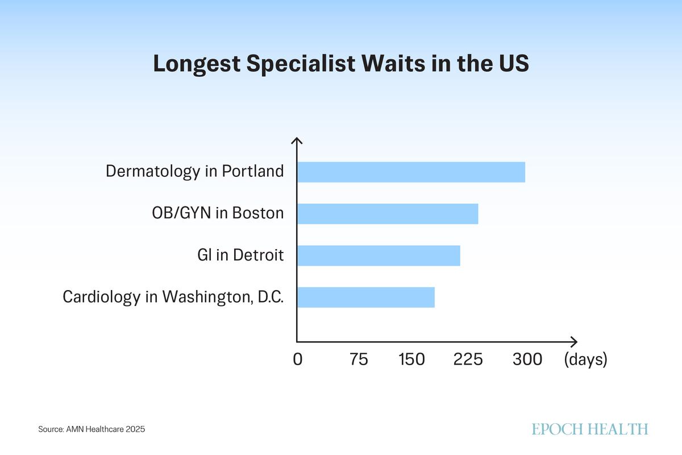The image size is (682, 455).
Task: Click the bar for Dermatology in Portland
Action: [411, 172]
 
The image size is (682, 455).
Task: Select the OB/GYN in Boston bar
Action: [388, 214]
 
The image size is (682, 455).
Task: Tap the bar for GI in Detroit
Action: [379, 255]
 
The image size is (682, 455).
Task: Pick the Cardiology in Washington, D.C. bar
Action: [366, 297]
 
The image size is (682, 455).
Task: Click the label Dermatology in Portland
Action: [194, 171]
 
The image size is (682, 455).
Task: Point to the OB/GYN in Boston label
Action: [217, 213]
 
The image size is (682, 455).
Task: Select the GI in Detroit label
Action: [240, 255]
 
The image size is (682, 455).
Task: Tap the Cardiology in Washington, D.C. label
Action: [173, 297]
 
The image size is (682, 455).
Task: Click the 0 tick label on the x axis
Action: [297, 359]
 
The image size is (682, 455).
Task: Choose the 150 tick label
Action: [411, 359]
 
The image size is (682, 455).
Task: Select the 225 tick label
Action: [468, 359]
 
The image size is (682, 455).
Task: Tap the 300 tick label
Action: [527, 359]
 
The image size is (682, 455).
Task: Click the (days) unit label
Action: [585, 359]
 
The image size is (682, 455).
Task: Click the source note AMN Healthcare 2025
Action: [92, 429]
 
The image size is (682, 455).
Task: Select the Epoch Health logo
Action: [590, 429]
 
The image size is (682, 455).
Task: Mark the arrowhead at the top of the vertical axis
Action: [297, 140]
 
